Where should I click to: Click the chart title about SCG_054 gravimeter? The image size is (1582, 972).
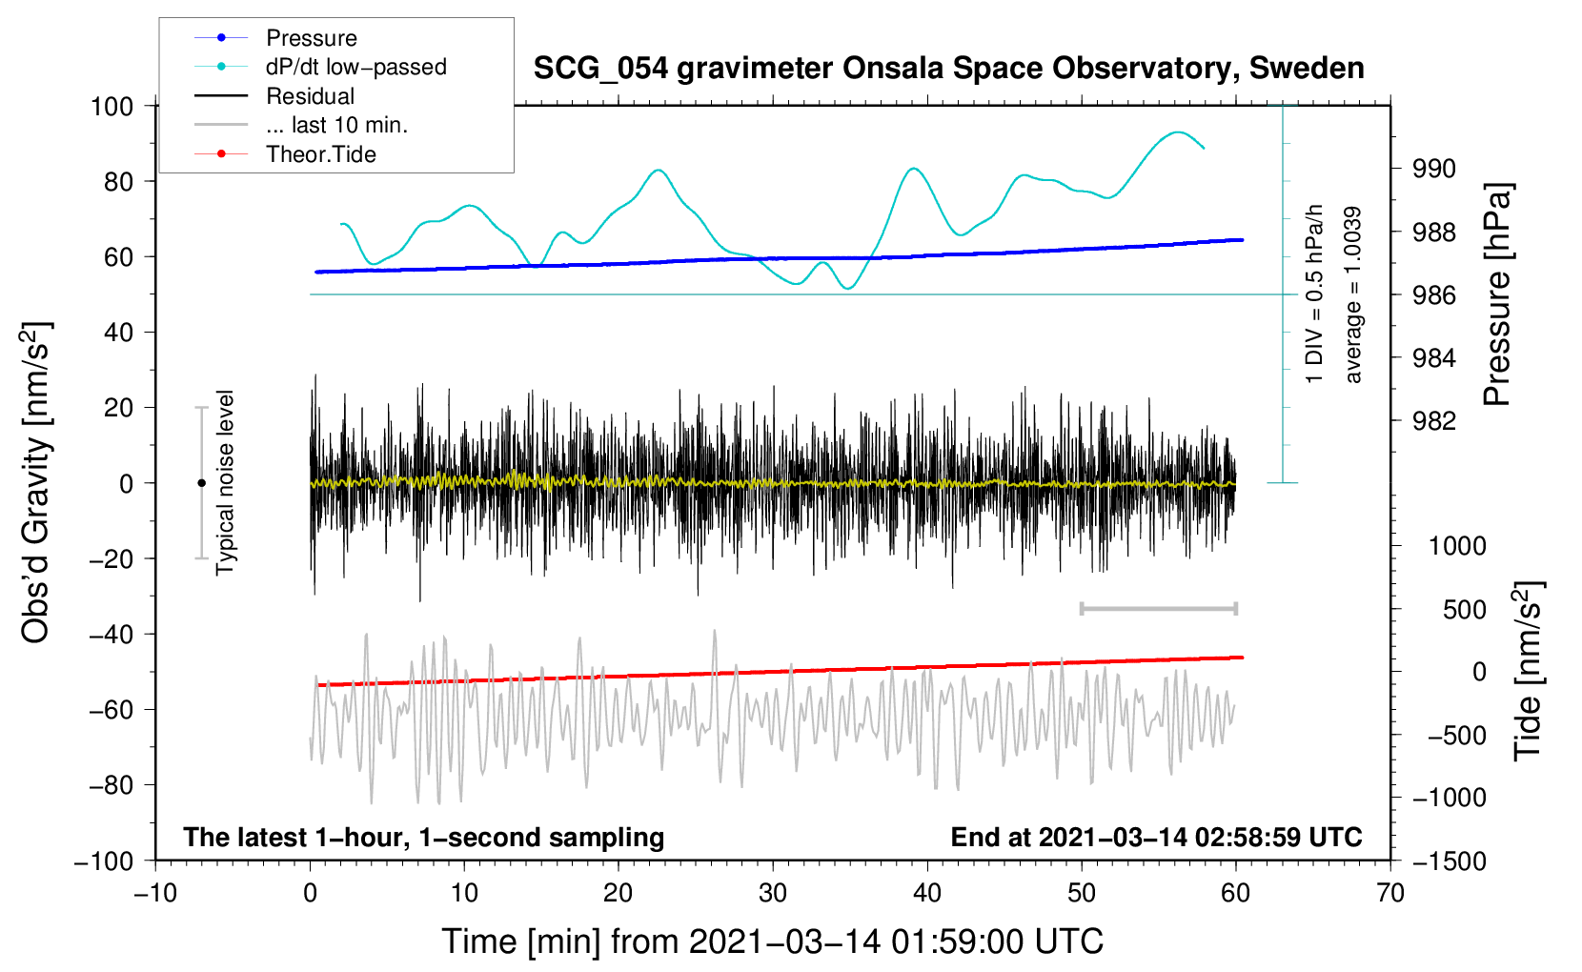948,69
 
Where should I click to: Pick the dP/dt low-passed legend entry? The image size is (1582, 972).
355,67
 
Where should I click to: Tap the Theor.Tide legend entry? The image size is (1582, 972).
320,154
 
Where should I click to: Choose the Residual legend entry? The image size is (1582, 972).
310,96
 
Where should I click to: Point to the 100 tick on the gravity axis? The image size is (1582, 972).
112,106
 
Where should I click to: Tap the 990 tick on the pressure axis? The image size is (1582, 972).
1434,169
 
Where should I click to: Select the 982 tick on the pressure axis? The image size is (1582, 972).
1434,421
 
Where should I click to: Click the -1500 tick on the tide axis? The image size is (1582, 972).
1450,861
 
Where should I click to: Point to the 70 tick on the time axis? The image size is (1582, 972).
1390,893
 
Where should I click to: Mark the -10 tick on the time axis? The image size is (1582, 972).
155,893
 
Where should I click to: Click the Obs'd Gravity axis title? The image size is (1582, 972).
36,483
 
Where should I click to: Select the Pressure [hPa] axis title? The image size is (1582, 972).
1497,294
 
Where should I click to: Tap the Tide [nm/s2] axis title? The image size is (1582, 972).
1528,672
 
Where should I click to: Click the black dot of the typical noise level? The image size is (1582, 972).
201,483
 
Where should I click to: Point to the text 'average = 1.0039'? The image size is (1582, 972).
1352,294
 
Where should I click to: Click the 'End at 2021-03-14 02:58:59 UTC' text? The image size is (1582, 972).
1156,837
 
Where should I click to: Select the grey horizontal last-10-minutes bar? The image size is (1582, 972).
1158,608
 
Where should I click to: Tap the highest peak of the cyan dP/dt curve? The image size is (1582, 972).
1179,132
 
